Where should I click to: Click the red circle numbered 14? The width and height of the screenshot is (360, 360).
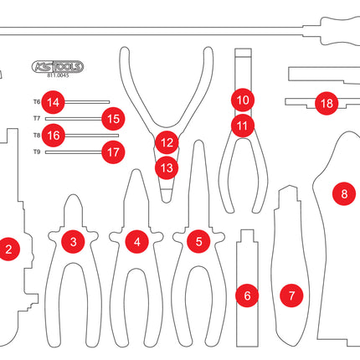pyautogui.click(x=53, y=102)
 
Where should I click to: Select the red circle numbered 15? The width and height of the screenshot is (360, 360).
pyautogui.click(x=113, y=119)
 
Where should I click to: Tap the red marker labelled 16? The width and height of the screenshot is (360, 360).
pyautogui.click(x=54, y=136)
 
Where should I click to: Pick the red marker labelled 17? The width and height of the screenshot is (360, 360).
pyautogui.click(x=113, y=152)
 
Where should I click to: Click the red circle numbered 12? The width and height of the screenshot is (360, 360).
pyautogui.click(x=167, y=142)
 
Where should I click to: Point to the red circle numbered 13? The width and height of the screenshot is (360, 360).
pyautogui.click(x=167, y=168)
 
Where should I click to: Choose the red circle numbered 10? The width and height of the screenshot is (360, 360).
pyautogui.click(x=243, y=100)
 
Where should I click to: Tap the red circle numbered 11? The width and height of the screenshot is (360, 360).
pyautogui.click(x=243, y=126)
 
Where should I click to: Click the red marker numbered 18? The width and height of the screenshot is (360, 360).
pyautogui.click(x=327, y=104)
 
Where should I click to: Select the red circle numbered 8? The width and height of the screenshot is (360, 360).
pyautogui.click(x=344, y=193)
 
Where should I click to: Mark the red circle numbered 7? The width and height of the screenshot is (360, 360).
pyautogui.click(x=291, y=296)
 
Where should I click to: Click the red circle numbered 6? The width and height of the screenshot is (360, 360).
pyautogui.click(x=247, y=296)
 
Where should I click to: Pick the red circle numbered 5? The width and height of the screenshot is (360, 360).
pyautogui.click(x=198, y=241)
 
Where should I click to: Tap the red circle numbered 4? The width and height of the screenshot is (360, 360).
pyautogui.click(x=136, y=242)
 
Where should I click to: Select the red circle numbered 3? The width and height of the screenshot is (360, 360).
pyautogui.click(x=73, y=242)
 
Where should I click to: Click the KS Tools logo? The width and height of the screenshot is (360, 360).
pyautogui.click(x=58, y=67)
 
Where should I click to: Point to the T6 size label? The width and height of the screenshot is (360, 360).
pyautogui.click(x=37, y=102)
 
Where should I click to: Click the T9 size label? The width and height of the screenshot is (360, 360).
pyautogui.click(x=37, y=152)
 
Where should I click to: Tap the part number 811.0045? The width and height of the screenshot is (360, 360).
pyautogui.click(x=58, y=75)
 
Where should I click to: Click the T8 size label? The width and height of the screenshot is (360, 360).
pyautogui.click(x=37, y=136)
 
